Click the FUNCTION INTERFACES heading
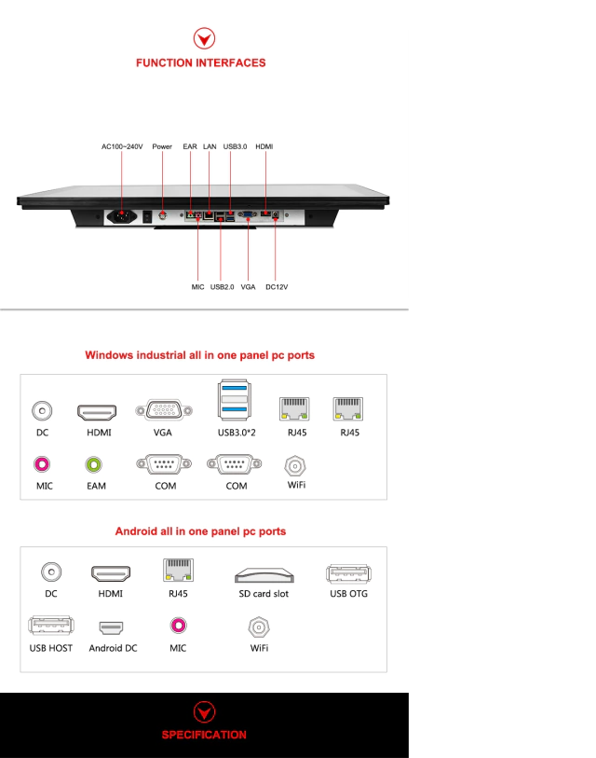(200, 62)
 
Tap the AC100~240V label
(122, 146)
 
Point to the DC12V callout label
(277, 287)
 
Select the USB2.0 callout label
(222, 287)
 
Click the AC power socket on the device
(121, 217)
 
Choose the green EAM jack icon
(94, 463)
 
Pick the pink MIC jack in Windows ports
(42, 463)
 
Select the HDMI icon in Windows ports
(96, 411)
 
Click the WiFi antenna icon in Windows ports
(295, 464)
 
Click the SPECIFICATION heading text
(204, 735)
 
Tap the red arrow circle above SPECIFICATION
(204, 713)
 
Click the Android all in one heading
(200, 531)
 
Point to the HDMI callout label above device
(264, 146)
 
